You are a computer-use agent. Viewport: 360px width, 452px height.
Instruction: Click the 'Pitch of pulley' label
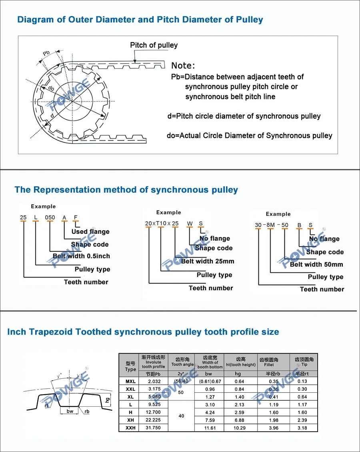tap(154, 45)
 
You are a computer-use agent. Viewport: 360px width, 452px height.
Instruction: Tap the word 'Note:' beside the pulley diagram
tap(183, 66)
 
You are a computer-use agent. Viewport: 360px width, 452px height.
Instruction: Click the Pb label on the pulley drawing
tap(46, 54)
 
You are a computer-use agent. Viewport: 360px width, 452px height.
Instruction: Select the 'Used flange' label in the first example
tap(90, 232)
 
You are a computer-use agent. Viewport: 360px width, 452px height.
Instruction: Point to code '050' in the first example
tap(50, 218)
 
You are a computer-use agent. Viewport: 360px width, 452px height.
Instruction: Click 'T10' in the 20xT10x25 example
tap(162, 223)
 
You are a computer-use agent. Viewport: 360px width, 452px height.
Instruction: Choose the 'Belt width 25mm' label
tap(208, 261)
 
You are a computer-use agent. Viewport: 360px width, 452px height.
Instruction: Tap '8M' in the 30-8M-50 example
tap(271, 225)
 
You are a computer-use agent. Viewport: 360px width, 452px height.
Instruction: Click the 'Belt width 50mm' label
tap(316, 264)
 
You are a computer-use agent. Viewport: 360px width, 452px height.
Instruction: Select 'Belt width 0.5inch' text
tap(81, 256)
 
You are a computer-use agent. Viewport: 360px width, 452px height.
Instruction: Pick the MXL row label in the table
tap(130, 382)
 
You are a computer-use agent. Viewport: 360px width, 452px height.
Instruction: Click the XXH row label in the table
tap(130, 428)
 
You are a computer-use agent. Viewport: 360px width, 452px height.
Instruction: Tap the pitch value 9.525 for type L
tap(154, 405)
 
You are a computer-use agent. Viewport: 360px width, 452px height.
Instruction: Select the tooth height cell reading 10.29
tap(238, 428)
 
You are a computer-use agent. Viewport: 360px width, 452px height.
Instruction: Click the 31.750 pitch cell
tap(154, 428)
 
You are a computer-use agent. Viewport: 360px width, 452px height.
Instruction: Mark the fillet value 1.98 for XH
tap(274, 420)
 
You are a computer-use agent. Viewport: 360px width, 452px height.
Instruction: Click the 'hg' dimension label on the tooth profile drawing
tap(108, 400)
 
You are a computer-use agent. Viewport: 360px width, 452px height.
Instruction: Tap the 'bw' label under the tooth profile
tap(70, 411)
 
